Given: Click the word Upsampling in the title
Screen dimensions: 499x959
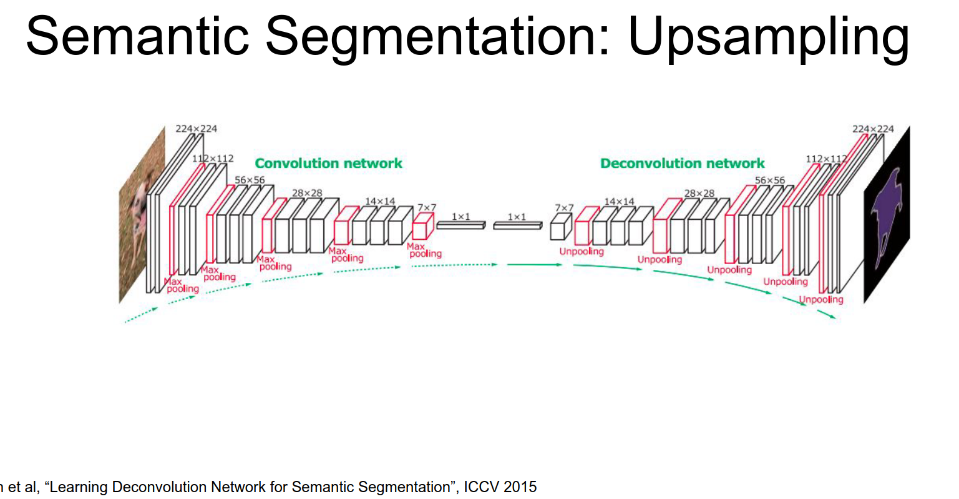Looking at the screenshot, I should pos(768,37).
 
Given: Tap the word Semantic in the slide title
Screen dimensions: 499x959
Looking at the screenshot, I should pos(137,37).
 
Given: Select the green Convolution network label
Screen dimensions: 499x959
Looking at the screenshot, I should pos(328,164).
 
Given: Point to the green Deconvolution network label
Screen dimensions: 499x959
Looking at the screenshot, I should pos(682,164).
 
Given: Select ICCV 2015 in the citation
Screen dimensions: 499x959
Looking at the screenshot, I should pos(500,487).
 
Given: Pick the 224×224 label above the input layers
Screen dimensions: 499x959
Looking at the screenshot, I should pos(196,129).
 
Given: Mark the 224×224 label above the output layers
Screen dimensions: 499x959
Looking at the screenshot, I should pos(873,129).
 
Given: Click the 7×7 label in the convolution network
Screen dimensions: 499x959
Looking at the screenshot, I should pos(427,207).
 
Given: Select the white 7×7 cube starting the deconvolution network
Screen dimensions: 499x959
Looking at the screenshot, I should pos(560,227).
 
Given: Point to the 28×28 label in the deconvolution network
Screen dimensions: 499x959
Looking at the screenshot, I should pos(699,194).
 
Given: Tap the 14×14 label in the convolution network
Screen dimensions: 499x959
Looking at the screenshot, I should pos(380,201).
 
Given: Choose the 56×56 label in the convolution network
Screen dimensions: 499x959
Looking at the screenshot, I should pos(250,180).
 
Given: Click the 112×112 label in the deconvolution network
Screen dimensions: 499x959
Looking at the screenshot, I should pos(826,159).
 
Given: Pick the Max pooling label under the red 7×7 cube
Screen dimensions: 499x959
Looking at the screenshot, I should pos(424,250).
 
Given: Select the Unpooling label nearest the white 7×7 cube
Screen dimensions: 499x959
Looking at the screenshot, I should pos(582,252).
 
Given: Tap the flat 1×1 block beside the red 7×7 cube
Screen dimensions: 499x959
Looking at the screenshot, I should pos(460,224).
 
